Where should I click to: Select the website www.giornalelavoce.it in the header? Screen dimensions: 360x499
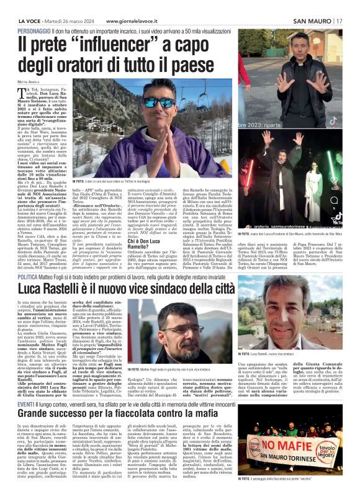114,21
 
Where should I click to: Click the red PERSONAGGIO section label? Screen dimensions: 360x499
36,30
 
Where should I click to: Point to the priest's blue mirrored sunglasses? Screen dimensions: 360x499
159,102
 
